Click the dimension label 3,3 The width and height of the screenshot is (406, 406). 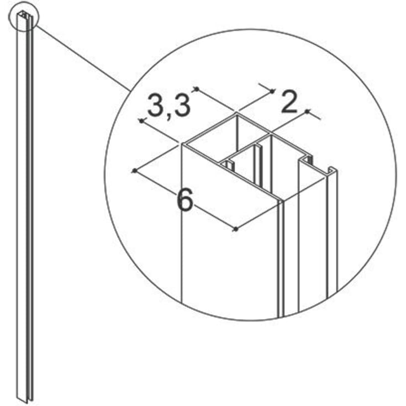click(168, 105)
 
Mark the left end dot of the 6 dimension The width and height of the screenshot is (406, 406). click(134, 171)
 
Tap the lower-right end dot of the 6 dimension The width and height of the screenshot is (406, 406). click(236, 228)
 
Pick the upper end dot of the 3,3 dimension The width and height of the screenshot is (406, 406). click(196, 88)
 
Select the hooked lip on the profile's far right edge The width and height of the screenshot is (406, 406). click(331, 171)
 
